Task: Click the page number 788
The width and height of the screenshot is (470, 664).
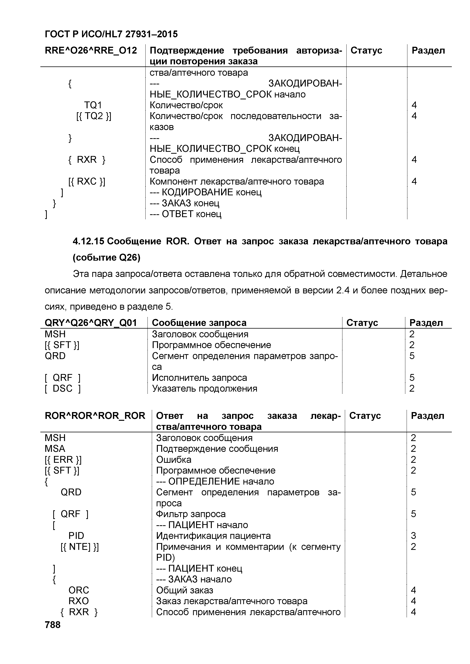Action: pyautogui.click(x=53, y=625)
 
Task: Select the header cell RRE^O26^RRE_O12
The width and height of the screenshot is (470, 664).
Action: pyautogui.click(x=91, y=51)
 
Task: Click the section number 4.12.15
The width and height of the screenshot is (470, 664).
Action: pyautogui.click(x=88, y=241)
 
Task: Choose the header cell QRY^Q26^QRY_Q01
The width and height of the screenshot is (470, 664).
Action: pyautogui.click(x=91, y=323)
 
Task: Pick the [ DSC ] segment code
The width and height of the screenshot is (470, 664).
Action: pyautogui.click(x=63, y=388)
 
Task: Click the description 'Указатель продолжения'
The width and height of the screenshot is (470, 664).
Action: pyautogui.click(x=204, y=388)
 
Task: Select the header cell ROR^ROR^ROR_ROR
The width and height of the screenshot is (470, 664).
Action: pyautogui.click(x=95, y=416)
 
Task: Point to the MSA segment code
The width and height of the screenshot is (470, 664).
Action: pyautogui.click(x=55, y=449)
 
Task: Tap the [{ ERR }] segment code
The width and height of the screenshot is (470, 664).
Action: pyautogui.click(x=63, y=460)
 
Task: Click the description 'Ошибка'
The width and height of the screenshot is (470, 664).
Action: pyautogui.click(x=174, y=460)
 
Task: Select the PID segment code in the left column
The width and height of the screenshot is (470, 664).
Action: pyautogui.click(x=76, y=536)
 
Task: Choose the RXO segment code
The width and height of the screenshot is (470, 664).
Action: pyautogui.click(x=78, y=601)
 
